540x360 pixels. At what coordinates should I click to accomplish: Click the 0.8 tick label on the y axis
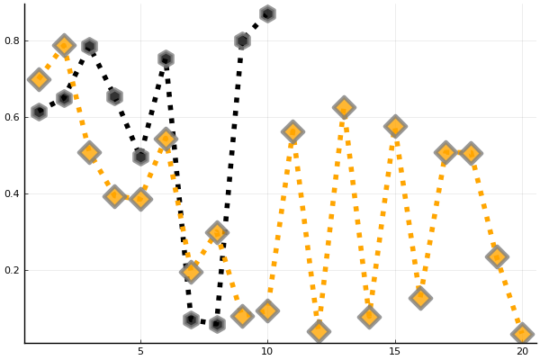click(x=11, y=40)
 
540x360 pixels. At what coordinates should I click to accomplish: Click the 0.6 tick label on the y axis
click(x=11, y=117)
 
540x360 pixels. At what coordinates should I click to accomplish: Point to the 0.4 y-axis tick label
click(x=11, y=193)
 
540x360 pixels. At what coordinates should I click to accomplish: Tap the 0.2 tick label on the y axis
click(x=11, y=270)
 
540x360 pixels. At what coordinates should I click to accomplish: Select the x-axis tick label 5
click(x=140, y=351)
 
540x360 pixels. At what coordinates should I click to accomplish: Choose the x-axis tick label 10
click(x=267, y=351)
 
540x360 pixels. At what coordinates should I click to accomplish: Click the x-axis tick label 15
click(x=395, y=351)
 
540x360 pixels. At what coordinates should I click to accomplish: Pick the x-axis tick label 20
click(x=522, y=351)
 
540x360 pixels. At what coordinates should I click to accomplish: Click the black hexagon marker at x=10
click(x=267, y=13)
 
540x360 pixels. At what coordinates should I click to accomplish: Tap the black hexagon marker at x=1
click(x=39, y=112)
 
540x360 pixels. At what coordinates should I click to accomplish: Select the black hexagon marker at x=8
click(x=217, y=323)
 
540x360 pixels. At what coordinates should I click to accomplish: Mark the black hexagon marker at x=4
click(x=114, y=96)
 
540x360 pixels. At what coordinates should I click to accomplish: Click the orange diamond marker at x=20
click(x=522, y=334)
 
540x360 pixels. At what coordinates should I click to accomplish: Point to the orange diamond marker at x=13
click(x=344, y=107)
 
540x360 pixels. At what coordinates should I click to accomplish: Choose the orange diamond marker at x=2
click(x=64, y=45)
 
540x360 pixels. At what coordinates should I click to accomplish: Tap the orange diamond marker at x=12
click(x=319, y=331)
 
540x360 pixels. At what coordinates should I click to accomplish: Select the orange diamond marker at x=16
click(x=420, y=298)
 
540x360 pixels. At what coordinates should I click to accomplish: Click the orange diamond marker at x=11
click(x=292, y=131)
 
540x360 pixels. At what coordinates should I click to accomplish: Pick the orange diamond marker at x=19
click(x=497, y=256)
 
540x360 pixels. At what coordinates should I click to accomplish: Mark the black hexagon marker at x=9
click(x=242, y=40)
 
